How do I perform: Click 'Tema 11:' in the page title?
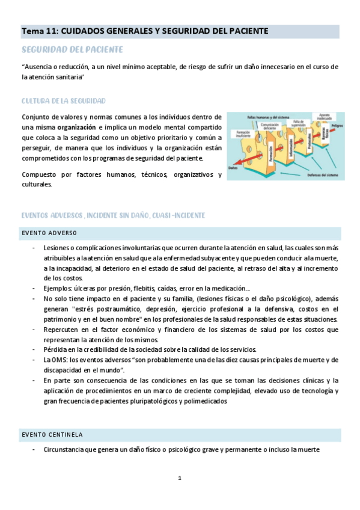39,30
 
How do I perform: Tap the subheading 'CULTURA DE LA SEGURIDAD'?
64,100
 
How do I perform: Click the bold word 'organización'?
76,127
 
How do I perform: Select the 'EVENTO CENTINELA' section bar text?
52,434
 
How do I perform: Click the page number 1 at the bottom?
179,478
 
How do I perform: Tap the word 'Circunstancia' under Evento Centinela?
67,450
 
